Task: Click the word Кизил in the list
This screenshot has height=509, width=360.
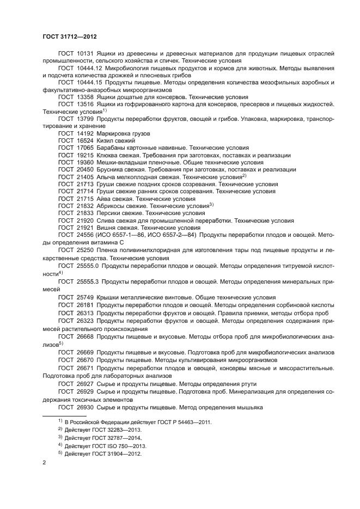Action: (105, 140)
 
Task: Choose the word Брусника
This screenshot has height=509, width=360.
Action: (111, 170)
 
